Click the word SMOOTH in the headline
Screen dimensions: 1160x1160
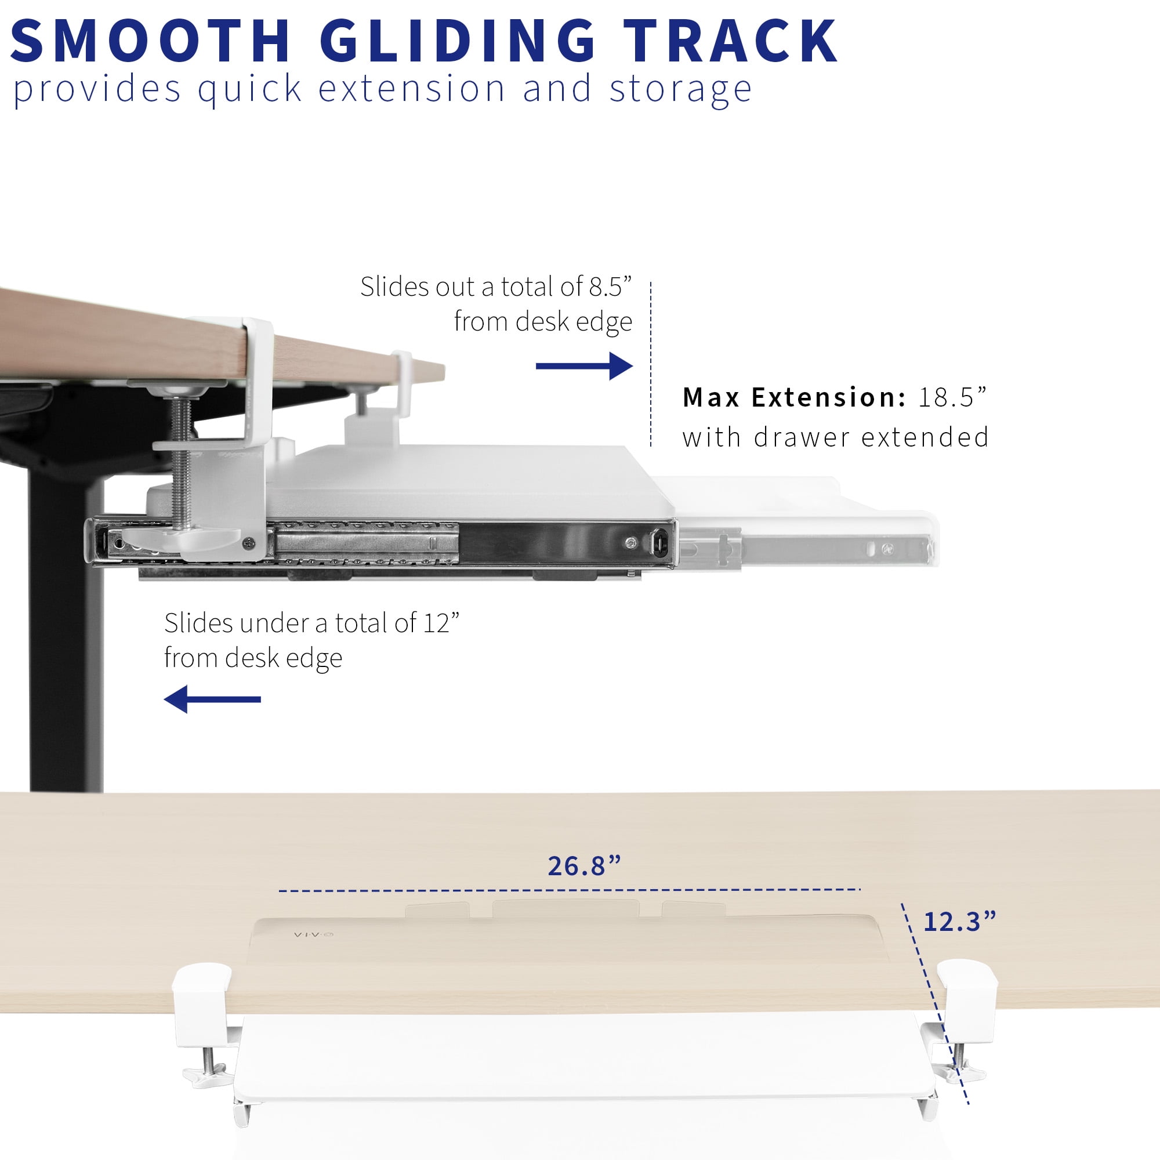[x=151, y=40]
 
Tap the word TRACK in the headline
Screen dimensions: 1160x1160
[x=730, y=40]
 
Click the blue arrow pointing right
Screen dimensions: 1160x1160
[x=584, y=365]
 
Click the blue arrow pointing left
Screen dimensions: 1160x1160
[x=212, y=699]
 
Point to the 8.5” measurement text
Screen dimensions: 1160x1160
[x=611, y=287]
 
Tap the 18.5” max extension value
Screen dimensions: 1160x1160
[x=952, y=397]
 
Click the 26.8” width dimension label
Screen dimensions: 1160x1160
[x=584, y=865]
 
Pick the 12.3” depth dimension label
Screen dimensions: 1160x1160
[x=959, y=922]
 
